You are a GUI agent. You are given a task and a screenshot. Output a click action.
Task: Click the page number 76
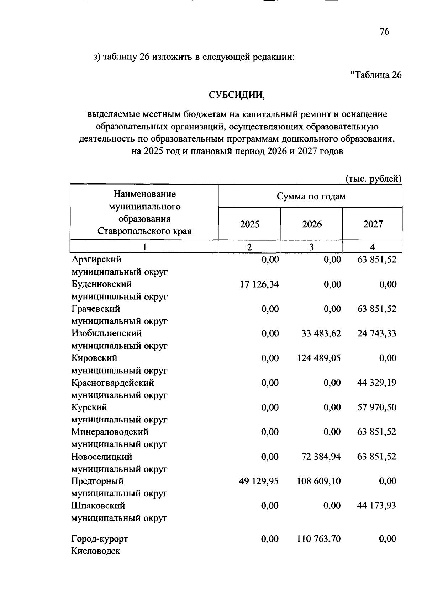[x=384, y=32]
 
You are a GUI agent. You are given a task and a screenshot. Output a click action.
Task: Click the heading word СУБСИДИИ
[x=237, y=95]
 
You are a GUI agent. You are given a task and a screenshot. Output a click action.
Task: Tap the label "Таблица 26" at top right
[x=376, y=75]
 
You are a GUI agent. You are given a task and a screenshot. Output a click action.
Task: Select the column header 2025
[x=249, y=224]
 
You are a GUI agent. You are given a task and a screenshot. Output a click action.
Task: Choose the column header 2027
[x=373, y=224]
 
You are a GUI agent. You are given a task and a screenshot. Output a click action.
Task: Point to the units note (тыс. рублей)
[x=374, y=179]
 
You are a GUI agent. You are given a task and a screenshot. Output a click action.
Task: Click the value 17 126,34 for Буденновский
[x=259, y=284]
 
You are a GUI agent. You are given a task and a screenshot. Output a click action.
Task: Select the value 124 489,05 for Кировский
[x=319, y=358]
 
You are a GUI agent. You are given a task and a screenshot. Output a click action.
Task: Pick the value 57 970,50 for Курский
[x=377, y=407]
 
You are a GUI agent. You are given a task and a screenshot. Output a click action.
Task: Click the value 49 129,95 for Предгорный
[x=259, y=481]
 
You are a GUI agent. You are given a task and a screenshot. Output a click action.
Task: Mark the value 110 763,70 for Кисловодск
[x=319, y=539]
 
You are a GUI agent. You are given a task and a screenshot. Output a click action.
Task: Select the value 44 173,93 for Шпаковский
[x=377, y=506]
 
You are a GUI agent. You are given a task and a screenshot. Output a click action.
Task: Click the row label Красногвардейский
[x=112, y=383]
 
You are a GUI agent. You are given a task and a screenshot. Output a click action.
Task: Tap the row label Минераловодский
[x=110, y=432]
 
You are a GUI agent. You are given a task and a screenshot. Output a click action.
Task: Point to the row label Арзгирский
[x=96, y=260]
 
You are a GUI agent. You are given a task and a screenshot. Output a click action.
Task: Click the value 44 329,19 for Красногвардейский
[x=377, y=383]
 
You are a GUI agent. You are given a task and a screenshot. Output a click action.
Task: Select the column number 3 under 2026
[x=311, y=247]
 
